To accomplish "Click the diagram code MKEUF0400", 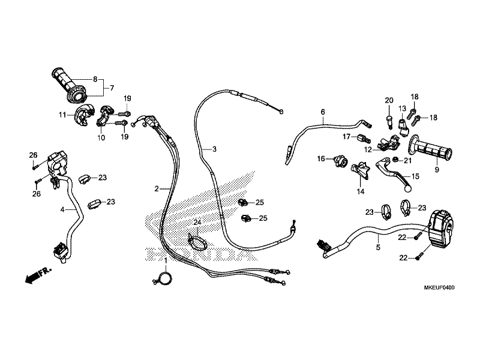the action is tap(439, 287).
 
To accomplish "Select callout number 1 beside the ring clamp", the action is tap(166, 260).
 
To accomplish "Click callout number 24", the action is tap(197, 222).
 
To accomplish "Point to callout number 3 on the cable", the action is tap(214, 149).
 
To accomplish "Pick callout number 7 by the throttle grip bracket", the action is tap(112, 88).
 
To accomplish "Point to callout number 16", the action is tap(321, 158).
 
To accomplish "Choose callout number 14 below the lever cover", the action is tap(361, 191).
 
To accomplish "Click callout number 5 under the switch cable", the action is tap(378, 247).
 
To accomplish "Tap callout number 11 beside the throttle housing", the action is tap(62, 115).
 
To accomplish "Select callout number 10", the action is tap(101, 137).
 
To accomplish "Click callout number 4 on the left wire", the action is tap(62, 209).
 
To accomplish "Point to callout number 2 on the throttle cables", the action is tap(157, 189).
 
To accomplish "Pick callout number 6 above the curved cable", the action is tap(323, 112).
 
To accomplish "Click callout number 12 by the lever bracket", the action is tap(368, 149).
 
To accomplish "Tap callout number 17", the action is tap(346, 137).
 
